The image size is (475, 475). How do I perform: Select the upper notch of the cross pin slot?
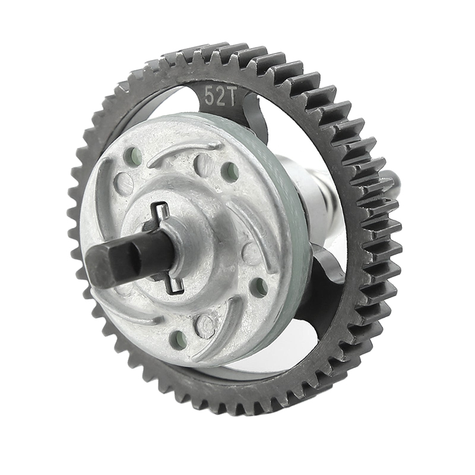click(159, 209)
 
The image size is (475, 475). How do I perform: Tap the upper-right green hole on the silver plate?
click(230, 172)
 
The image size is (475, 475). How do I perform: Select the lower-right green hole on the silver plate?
click(259, 288)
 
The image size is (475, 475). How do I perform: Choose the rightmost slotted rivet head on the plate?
click(251, 254)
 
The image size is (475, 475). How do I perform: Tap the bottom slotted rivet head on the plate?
click(205, 325)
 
